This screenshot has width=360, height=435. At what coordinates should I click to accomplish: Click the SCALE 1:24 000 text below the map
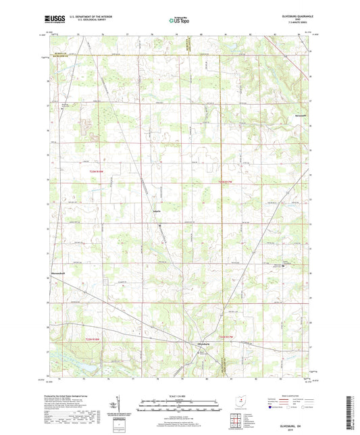click(x=179, y=394)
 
